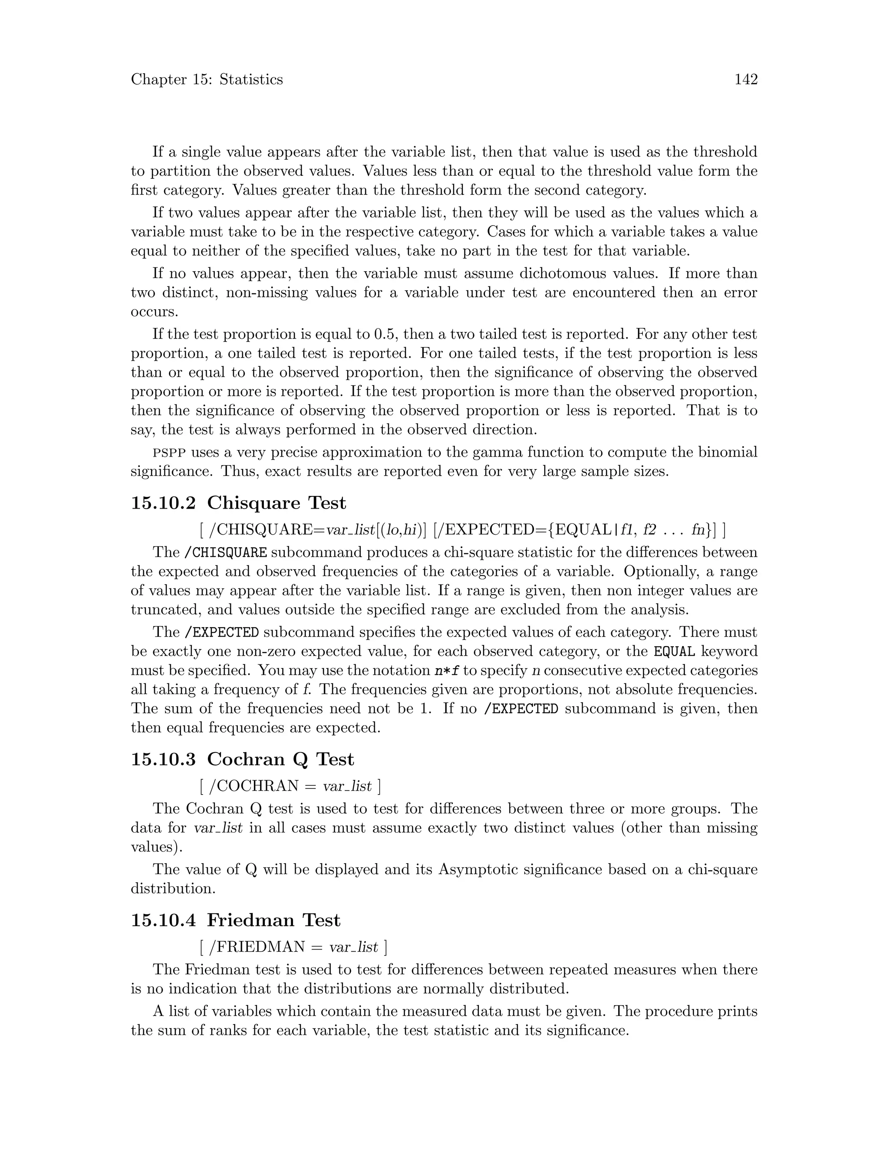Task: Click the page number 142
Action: (x=746, y=79)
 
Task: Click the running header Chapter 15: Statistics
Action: (x=207, y=79)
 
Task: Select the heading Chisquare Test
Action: (x=277, y=503)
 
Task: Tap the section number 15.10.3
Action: (x=163, y=759)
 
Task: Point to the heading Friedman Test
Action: (x=273, y=920)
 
